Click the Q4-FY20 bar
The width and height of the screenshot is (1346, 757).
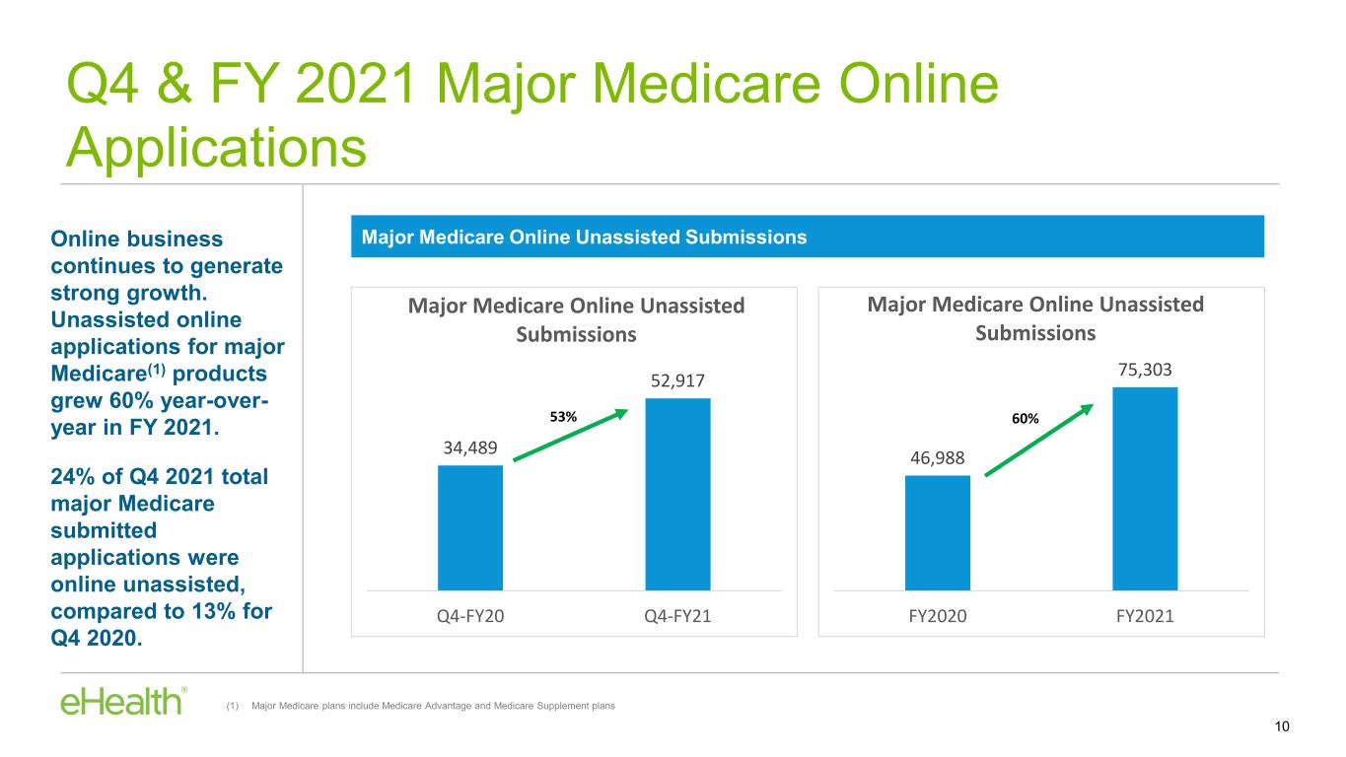click(x=470, y=527)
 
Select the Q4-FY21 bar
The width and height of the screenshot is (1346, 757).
click(x=677, y=494)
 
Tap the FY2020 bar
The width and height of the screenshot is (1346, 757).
click(x=938, y=533)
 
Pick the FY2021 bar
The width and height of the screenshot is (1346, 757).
click(x=1145, y=489)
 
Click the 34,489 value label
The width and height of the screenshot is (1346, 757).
click(x=470, y=447)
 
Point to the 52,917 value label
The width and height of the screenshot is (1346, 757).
click(x=677, y=380)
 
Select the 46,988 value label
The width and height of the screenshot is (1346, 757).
click(x=938, y=458)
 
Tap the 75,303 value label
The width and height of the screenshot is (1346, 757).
click(x=1145, y=370)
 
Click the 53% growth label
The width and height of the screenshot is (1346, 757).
click(x=563, y=416)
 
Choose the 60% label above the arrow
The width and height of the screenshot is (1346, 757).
click(x=1026, y=418)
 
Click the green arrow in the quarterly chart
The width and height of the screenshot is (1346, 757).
click(x=570, y=435)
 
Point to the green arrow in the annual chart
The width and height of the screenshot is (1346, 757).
click(x=1038, y=441)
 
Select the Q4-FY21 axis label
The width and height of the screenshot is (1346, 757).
click(x=677, y=616)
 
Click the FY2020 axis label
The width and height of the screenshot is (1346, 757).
click(x=938, y=616)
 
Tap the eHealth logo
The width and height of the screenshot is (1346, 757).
click(x=123, y=701)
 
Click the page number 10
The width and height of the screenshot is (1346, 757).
click(x=1282, y=726)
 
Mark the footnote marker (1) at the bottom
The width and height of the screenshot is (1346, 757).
click(x=233, y=706)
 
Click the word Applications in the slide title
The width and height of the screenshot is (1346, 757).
click(x=216, y=148)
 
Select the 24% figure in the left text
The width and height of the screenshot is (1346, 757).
click(x=72, y=476)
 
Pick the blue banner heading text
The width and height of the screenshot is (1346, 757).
click(x=584, y=237)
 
